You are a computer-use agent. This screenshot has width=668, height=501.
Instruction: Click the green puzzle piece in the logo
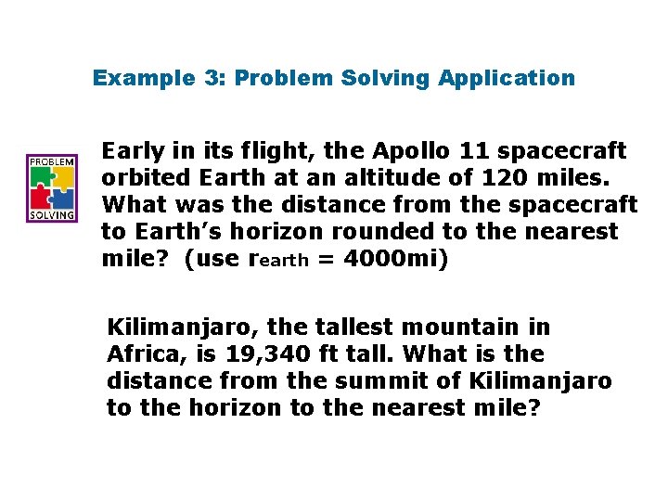point(42,176)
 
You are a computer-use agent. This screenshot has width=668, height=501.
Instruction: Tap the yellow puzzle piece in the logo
point(62,176)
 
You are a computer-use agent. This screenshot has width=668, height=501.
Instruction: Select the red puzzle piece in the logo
point(42,197)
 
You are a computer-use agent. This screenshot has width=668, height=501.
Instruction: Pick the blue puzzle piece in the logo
point(62,197)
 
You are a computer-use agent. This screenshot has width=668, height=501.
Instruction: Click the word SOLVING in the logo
point(52,214)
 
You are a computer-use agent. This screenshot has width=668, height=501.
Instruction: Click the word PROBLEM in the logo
point(52,160)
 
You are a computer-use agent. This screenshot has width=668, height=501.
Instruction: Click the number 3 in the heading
point(212,78)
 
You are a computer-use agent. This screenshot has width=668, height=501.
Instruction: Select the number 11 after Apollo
point(471,150)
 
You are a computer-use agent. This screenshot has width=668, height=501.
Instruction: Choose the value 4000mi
point(395,258)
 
